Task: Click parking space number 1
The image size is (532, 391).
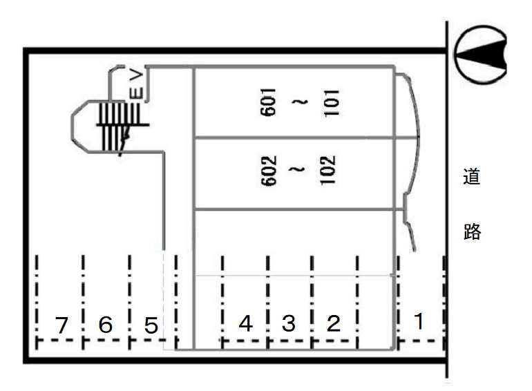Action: (419, 321)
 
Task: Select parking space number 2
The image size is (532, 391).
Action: (333, 323)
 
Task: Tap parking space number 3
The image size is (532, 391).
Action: (288, 323)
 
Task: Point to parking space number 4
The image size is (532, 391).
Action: (246, 323)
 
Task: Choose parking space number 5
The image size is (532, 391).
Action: (151, 325)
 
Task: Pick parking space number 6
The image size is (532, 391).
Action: (106, 324)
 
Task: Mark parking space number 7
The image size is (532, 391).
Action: (61, 325)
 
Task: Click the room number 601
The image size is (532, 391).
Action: (268, 102)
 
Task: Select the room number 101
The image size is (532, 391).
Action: (332, 103)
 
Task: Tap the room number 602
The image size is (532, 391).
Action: (269, 171)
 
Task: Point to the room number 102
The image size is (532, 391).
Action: (327, 170)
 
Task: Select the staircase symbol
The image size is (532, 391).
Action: (119, 126)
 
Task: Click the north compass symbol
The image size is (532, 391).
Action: (480, 55)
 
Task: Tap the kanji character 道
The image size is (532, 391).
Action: (472, 176)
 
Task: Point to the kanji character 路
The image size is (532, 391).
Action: (472, 231)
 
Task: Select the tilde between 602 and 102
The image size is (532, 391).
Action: (298, 169)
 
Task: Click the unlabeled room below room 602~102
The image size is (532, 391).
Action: (294, 242)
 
